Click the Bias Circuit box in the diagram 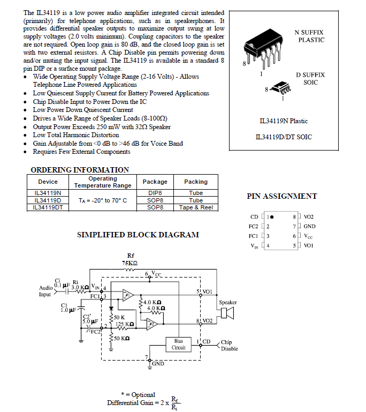click(x=179, y=344)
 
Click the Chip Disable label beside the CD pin click(x=227, y=346)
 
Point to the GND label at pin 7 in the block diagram click(x=158, y=364)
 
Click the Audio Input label click(x=45, y=291)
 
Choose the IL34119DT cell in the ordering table click(x=48, y=207)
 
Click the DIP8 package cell click(x=155, y=193)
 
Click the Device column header click(x=48, y=182)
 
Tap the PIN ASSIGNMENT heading click(x=282, y=196)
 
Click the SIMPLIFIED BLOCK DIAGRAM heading click(x=138, y=235)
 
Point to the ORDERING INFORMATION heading click(x=80, y=170)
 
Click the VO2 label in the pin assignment click(x=309, y=217)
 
